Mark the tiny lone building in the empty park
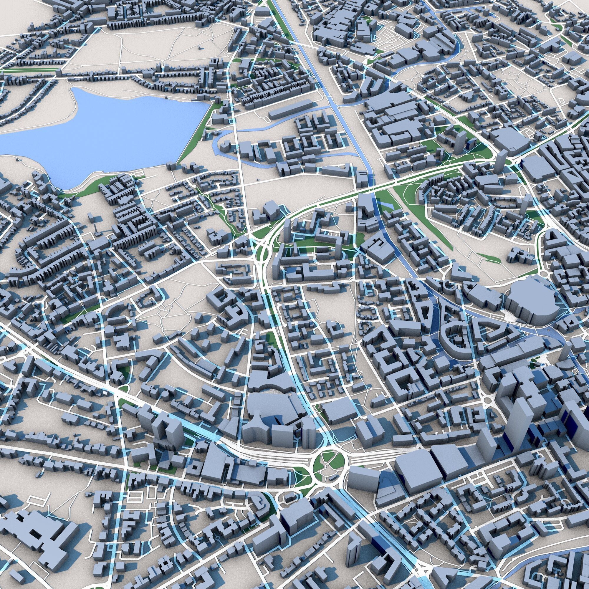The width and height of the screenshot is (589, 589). point(199,47)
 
